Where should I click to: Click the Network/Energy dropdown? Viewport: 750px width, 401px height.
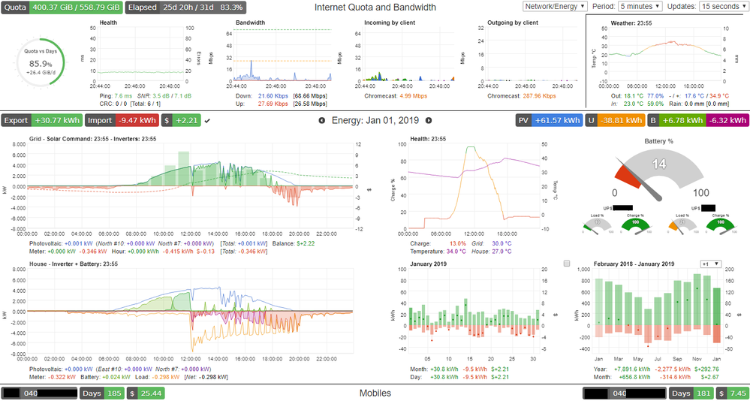tap(554, 6)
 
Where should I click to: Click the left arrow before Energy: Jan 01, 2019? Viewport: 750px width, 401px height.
tap(322, 120)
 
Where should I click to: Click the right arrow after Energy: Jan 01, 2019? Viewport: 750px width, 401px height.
tap(429, 120)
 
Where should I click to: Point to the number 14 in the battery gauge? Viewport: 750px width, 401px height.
tap(660, 164)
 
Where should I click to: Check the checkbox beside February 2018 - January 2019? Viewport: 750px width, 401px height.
tap(567, 264)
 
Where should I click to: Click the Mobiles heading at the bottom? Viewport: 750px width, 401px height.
tap(375, 393)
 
